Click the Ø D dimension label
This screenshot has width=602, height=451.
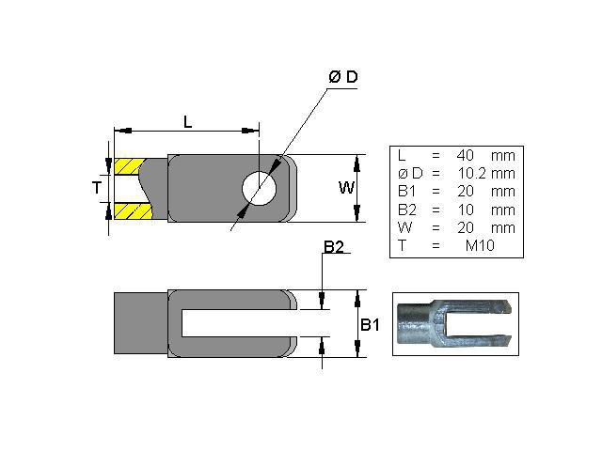343,78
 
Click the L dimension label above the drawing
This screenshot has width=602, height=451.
187,121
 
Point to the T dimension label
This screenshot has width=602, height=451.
97,188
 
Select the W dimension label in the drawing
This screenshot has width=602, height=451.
346,188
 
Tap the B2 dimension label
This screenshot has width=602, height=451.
334,247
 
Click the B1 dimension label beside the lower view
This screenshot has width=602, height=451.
371,325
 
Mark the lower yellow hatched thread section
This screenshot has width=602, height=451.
129,210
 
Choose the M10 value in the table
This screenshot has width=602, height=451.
481,246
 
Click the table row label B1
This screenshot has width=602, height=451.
406,191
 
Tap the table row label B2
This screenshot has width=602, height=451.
406,210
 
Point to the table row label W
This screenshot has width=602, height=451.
404,227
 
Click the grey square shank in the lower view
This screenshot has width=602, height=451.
140,322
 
